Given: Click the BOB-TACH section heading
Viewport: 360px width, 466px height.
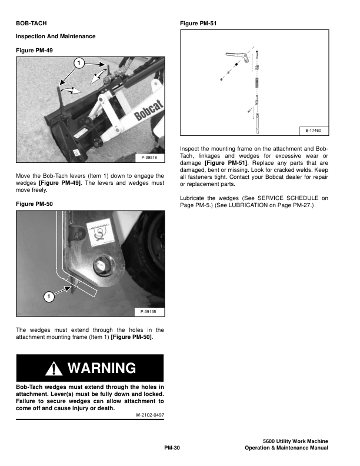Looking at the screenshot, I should [x=32, y=24].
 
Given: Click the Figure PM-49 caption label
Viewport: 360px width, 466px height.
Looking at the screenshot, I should [x=34, y=51].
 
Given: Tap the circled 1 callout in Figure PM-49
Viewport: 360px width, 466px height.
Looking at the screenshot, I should [x=77, y=62].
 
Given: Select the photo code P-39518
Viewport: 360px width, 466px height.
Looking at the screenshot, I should [x=149, y=157].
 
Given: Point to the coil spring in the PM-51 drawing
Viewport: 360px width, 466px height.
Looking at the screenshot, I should [x=256, y=82].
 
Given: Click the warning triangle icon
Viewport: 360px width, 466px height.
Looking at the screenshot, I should [x=55, y=368].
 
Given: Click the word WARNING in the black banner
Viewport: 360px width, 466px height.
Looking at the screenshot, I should [x=102, y=368].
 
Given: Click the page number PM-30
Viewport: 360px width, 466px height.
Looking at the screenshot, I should [x=172, y=448].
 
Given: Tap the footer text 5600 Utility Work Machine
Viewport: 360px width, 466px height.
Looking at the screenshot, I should [x=295, y=441].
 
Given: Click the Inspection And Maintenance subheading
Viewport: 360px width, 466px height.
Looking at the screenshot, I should [x=55, y=36].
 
